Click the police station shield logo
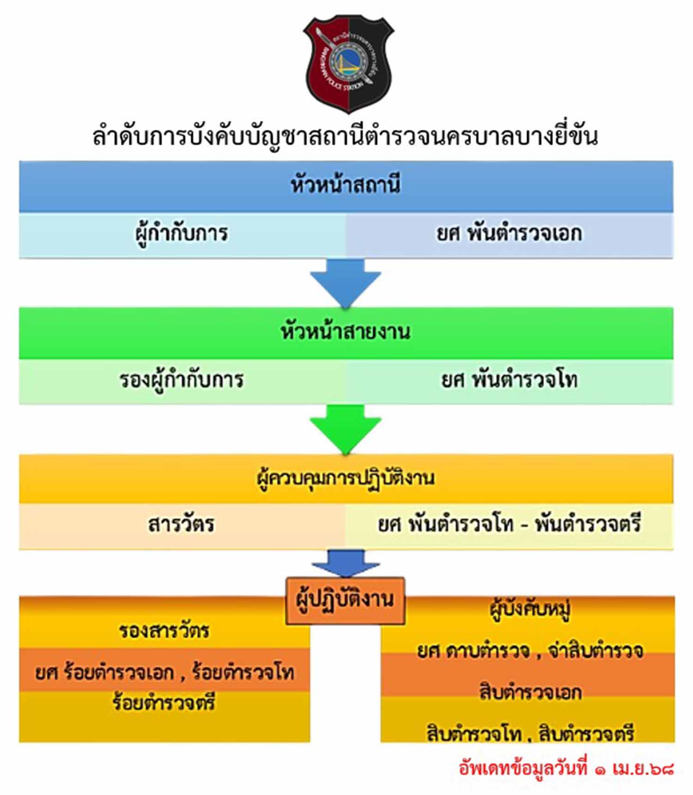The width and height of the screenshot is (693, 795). [347, 62]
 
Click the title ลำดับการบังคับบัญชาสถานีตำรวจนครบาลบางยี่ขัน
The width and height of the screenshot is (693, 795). [346, 136]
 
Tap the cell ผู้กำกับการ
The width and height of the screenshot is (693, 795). [182, 234]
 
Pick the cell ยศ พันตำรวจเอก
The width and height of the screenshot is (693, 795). [509, 234]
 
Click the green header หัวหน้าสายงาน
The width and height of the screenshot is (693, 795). [346, 332]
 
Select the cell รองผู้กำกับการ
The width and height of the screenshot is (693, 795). [182, 381]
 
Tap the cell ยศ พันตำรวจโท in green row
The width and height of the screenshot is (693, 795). [509, 381]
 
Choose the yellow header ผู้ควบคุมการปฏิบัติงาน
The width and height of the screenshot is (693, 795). [346, 478]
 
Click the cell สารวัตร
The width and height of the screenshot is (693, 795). [181, 525]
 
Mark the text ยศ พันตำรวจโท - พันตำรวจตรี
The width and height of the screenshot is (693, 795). [509, 525]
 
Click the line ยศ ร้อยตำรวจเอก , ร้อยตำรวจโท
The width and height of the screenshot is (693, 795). [164, 673]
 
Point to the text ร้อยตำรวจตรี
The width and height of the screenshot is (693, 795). [164, 703]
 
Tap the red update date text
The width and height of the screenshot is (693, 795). [566, 768]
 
